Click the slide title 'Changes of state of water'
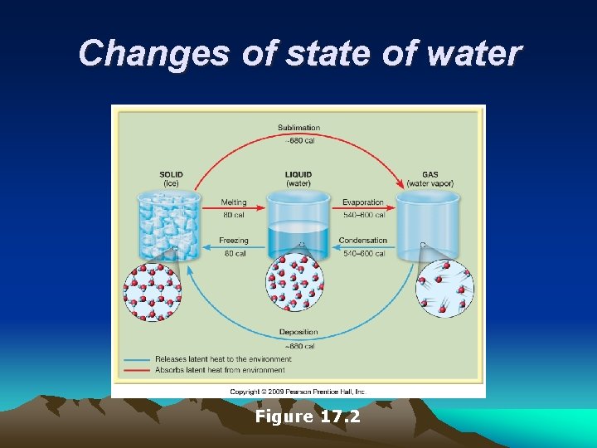(x=299, y=54)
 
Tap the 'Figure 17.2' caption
(x=307, y=416)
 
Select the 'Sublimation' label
(x=298, y=128)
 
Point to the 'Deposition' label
(x=298, y=333)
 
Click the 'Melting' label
(x=233, y=202)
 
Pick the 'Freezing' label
(x=233, y=241)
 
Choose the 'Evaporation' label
(x=363, y=202)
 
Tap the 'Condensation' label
(x=363, y=241)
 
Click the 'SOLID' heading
(x=171, y=174)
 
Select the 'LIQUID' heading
(x=298, y=174)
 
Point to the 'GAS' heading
(x=429, y=174)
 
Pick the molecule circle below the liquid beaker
(x=294, y=282)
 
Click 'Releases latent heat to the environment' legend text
(x=220, y=359)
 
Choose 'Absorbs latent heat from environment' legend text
(x=220, y=370)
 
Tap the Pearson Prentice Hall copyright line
(x=298, y=391)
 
